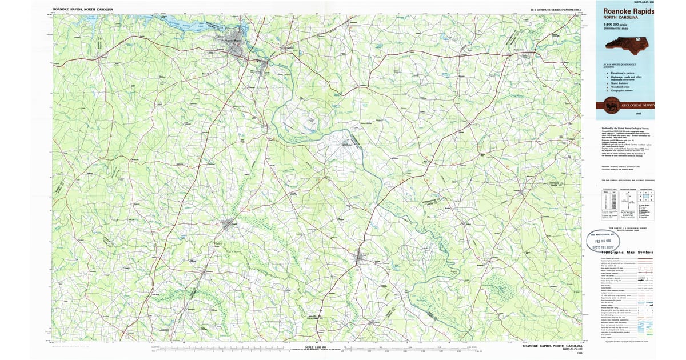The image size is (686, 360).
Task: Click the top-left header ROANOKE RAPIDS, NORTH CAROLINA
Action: (x=83, y=10)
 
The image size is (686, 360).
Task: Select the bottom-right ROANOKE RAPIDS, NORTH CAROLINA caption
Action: (x=552, y=346)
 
